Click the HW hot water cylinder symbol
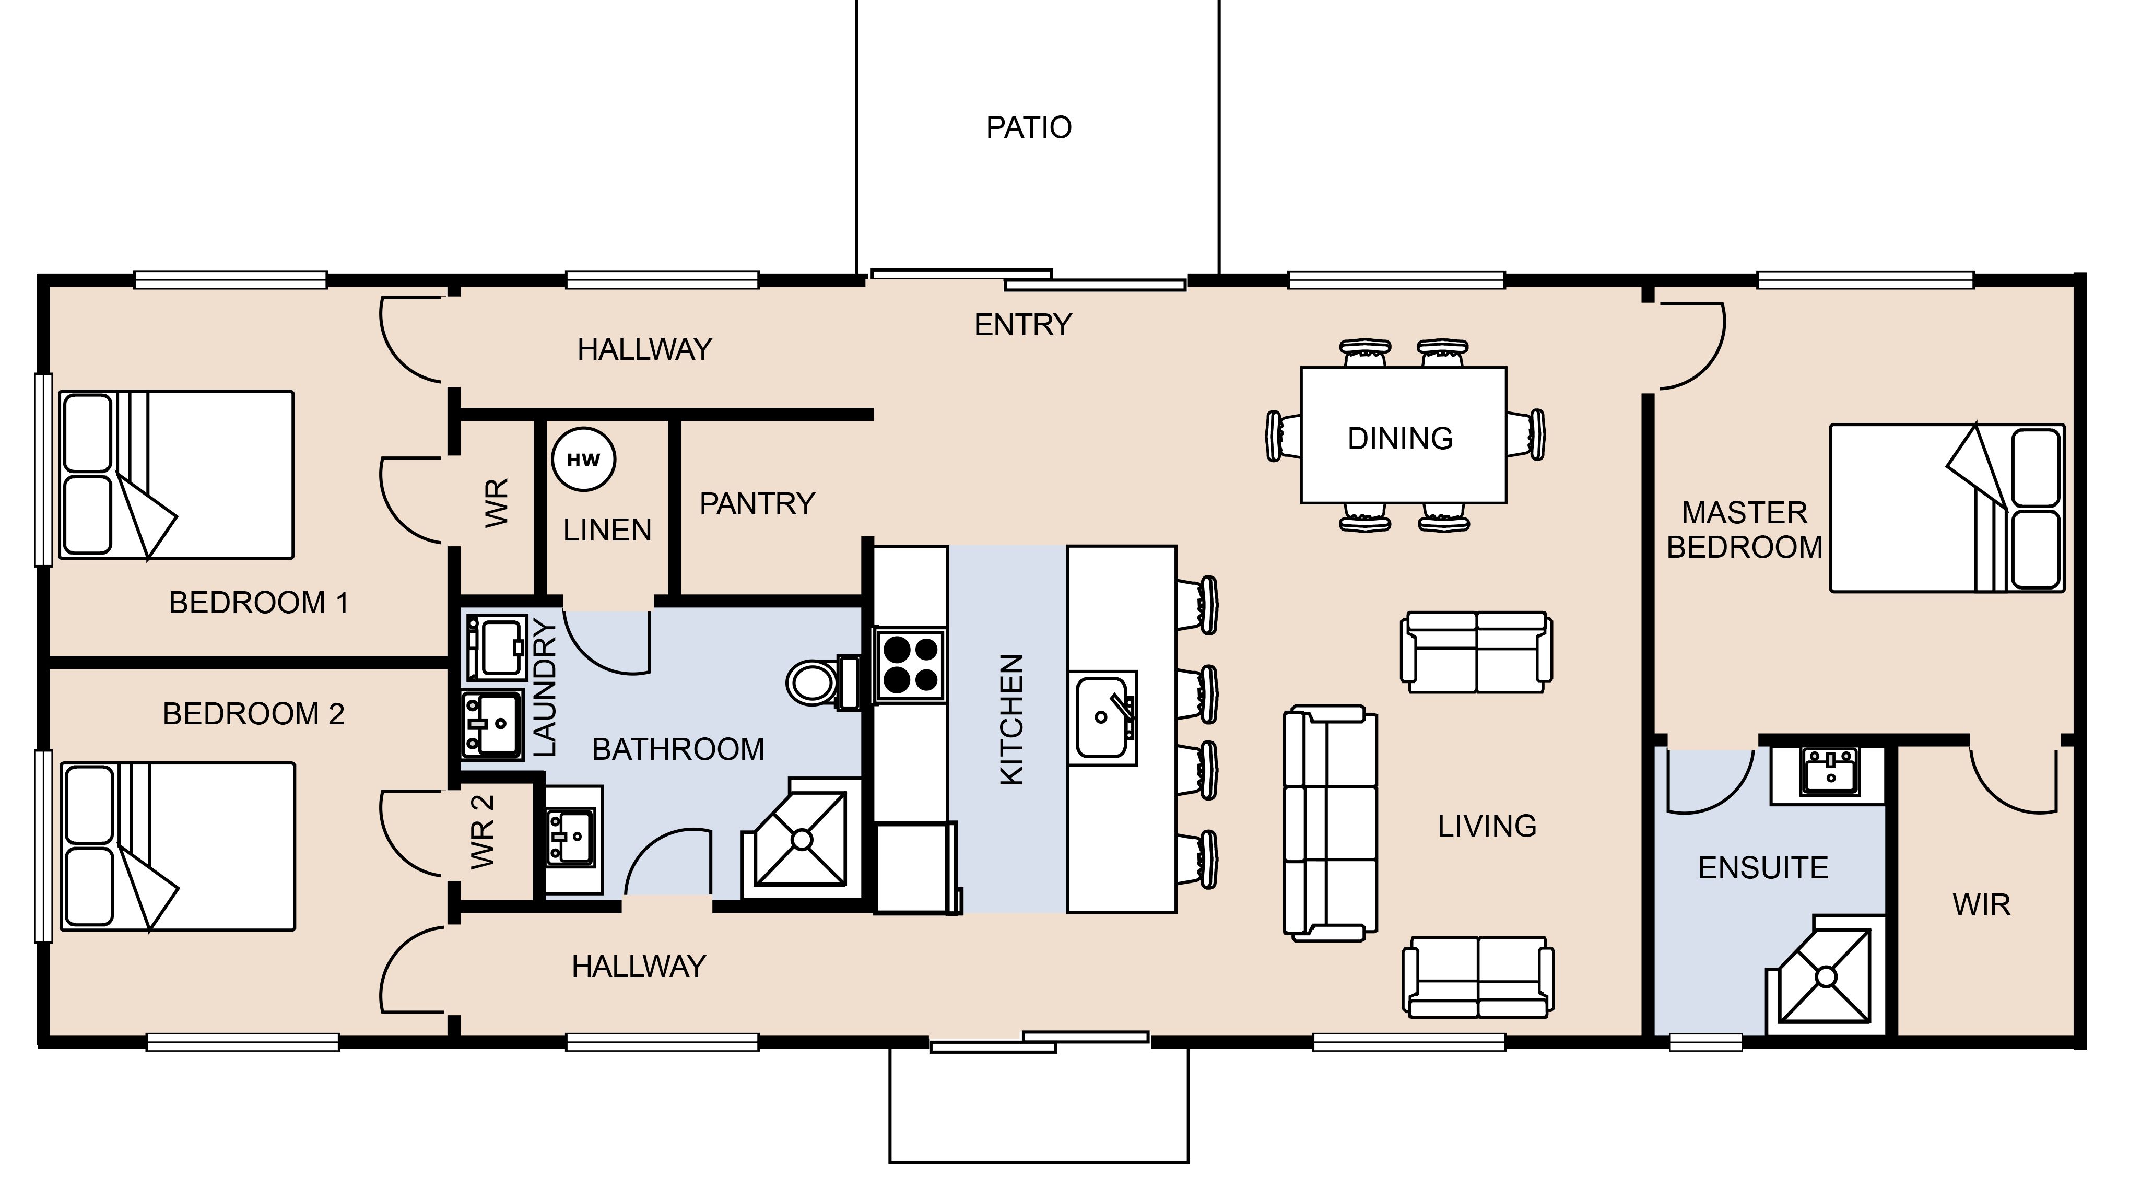(583, 460)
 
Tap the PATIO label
(1029, 127)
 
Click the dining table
(1403, 436)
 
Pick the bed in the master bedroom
(1947, 508)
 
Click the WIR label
(1981, 905)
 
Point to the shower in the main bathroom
(801, 838)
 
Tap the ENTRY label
(1023, 325)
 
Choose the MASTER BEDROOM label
(1745, 529)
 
